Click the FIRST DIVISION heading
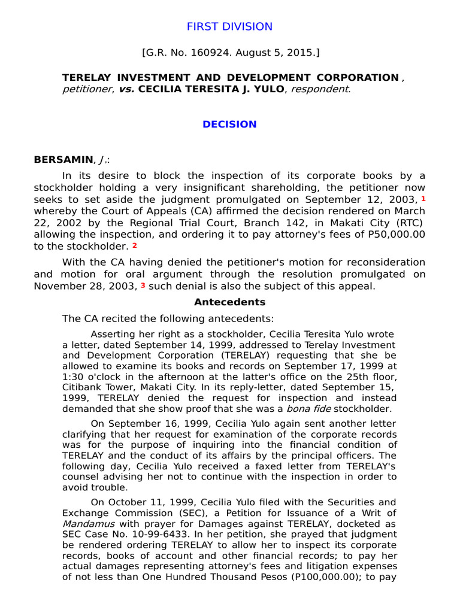tap(229, 26)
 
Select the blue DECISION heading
tap(229, 125)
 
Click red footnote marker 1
tap(423, 198)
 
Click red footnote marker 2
tap(135, 246)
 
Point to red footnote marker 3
tap(143, 286)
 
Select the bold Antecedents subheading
tap(229, 302)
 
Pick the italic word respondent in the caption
tap(324, 89)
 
